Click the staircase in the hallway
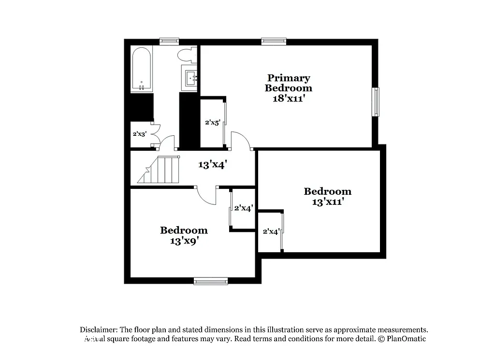pyautogui.click(x=160, y=170)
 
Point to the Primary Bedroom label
pyautogui.click(x=289, y=83)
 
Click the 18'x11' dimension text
pyautogui.click(x=289, y=99)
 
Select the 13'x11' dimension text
pyautogui.click(x=327, y=202)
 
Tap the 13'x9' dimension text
pyautogui.click(x=184, y=241)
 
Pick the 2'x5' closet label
pyautogui.click(x=213, y=123)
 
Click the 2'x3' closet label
pyautogui.click(x=139, y=134)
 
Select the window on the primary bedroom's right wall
pyautogui.click(x=375, y=101)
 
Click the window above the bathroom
pyautogui.click(x=169, y=42)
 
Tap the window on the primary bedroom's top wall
pyautogui.click(x=274, y=42)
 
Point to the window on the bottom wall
pyautogui.click(x=211, y=281)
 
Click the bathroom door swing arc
pyautogui.click(x=167, y=142)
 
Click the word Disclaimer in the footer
pyautogui.click(x=99, y=330)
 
